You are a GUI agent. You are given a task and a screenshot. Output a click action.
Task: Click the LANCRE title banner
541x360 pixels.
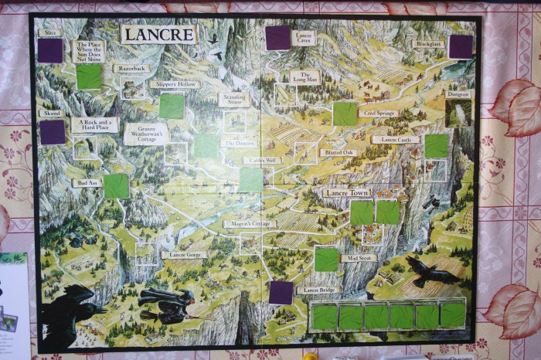pos(158,34)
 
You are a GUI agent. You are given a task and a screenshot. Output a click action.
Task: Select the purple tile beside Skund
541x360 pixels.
pos(53,132)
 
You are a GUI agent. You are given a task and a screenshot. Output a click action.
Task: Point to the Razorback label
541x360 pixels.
pos(131,68)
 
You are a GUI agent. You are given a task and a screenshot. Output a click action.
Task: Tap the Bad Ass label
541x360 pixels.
pos(87,183)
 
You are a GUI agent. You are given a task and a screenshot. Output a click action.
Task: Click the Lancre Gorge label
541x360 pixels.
pos(183,254)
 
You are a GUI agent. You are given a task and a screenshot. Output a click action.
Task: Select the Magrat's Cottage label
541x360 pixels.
pos(250,224)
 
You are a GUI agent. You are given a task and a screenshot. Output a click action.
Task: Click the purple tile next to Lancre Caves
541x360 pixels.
pos(277,38)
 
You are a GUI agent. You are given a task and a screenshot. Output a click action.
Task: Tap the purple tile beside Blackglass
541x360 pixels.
pos(461,47)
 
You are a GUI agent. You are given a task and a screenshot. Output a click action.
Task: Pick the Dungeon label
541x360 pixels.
pos(458,94)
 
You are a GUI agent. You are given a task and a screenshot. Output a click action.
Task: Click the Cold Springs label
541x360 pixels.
pos(379,114)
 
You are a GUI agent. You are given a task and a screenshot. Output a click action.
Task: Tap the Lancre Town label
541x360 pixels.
pos(348,192)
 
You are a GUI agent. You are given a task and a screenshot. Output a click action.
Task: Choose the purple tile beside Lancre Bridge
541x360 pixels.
pos(281,292)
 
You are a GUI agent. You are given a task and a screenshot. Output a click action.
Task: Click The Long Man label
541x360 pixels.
pos(305,76)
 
